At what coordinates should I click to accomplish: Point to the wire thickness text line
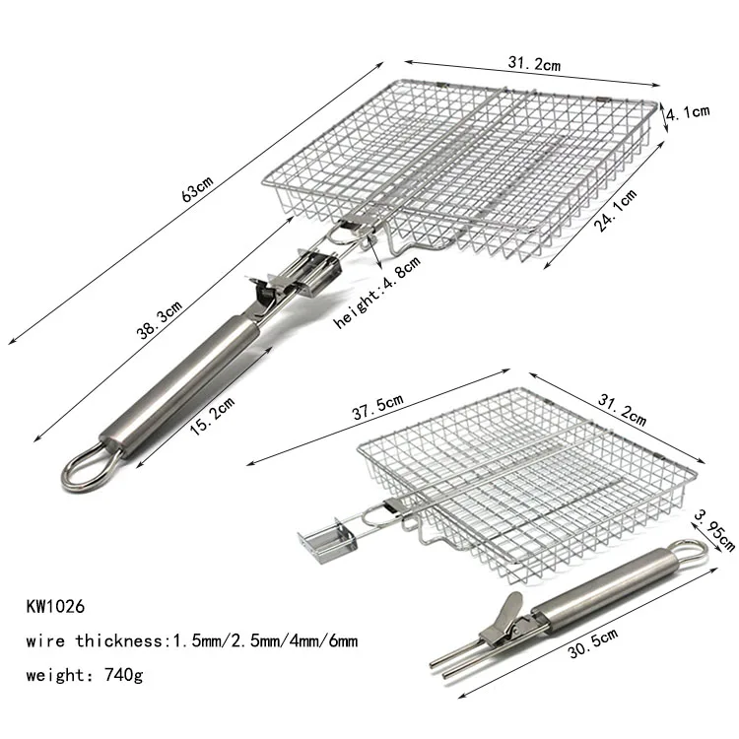pos(188,642)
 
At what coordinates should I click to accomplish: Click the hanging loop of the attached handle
pos(86,466)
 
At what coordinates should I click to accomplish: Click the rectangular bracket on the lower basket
pos(324,539)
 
